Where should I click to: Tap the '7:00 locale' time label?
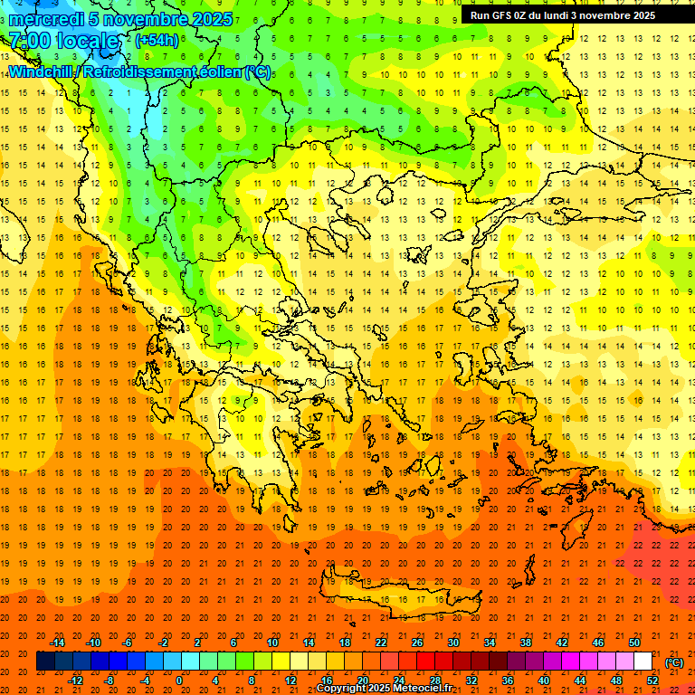[x=63, y=41]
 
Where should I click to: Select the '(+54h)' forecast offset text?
[x=157, y=41]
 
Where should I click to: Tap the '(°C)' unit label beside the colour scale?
[x=673, y=662]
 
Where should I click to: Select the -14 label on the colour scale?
[x=57, y=643]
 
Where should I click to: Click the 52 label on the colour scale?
[x=652, y=681]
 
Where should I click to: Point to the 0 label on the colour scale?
[x=178, y=681]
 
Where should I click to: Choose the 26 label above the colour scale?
[x=417, y=643]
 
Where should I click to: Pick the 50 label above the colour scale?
[x=634, y=643]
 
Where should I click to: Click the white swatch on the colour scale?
[x=643, y=662]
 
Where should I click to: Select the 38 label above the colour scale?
[x=526, y=643]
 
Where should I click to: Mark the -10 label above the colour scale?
[x=93, y=643]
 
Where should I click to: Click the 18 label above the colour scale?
[x=345, y=643]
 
